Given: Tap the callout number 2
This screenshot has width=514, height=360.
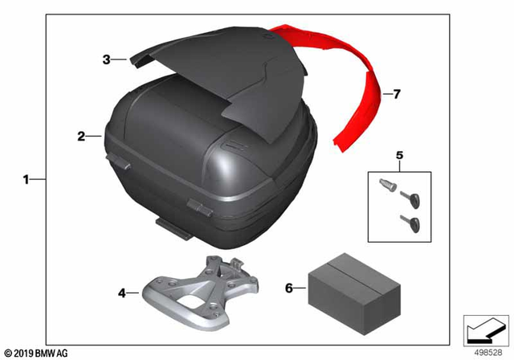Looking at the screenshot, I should [x=82, y=137].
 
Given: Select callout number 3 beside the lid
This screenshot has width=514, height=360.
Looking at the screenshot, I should [x=106, y=59].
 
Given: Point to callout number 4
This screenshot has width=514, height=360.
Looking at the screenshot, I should [x=122, y=294].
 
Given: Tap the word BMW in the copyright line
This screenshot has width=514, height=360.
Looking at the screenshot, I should [x=53, y=352].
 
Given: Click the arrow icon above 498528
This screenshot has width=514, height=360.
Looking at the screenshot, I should [x=484, y=329].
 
